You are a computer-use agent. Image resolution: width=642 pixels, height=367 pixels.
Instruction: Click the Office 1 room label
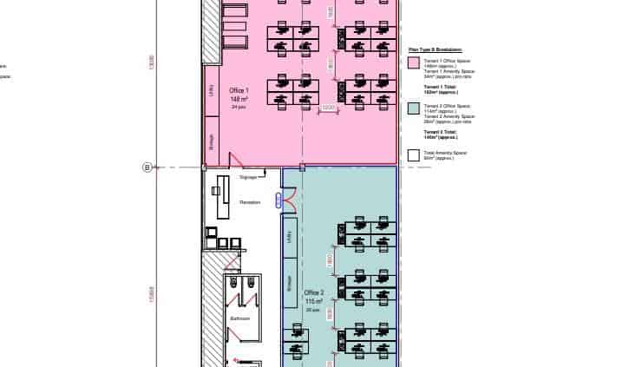239,90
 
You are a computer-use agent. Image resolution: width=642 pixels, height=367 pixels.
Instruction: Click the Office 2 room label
313,292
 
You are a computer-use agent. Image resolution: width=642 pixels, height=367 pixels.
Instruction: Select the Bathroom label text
239,318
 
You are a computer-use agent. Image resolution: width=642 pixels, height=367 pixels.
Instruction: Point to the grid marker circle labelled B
147,167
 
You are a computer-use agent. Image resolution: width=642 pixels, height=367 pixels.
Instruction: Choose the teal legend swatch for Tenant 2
414,108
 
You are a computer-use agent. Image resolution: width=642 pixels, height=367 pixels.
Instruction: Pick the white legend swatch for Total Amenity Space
414,154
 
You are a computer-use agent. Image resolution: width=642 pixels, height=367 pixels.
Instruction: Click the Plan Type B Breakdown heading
436,50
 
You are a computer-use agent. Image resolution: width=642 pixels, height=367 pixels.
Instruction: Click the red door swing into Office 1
235,159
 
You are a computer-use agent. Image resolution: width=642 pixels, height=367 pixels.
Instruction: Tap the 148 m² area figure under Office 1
239,99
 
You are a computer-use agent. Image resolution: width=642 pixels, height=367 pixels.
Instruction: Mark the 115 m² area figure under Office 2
313,301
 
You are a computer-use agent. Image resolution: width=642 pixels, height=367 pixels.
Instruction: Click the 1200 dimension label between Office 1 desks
328,108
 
